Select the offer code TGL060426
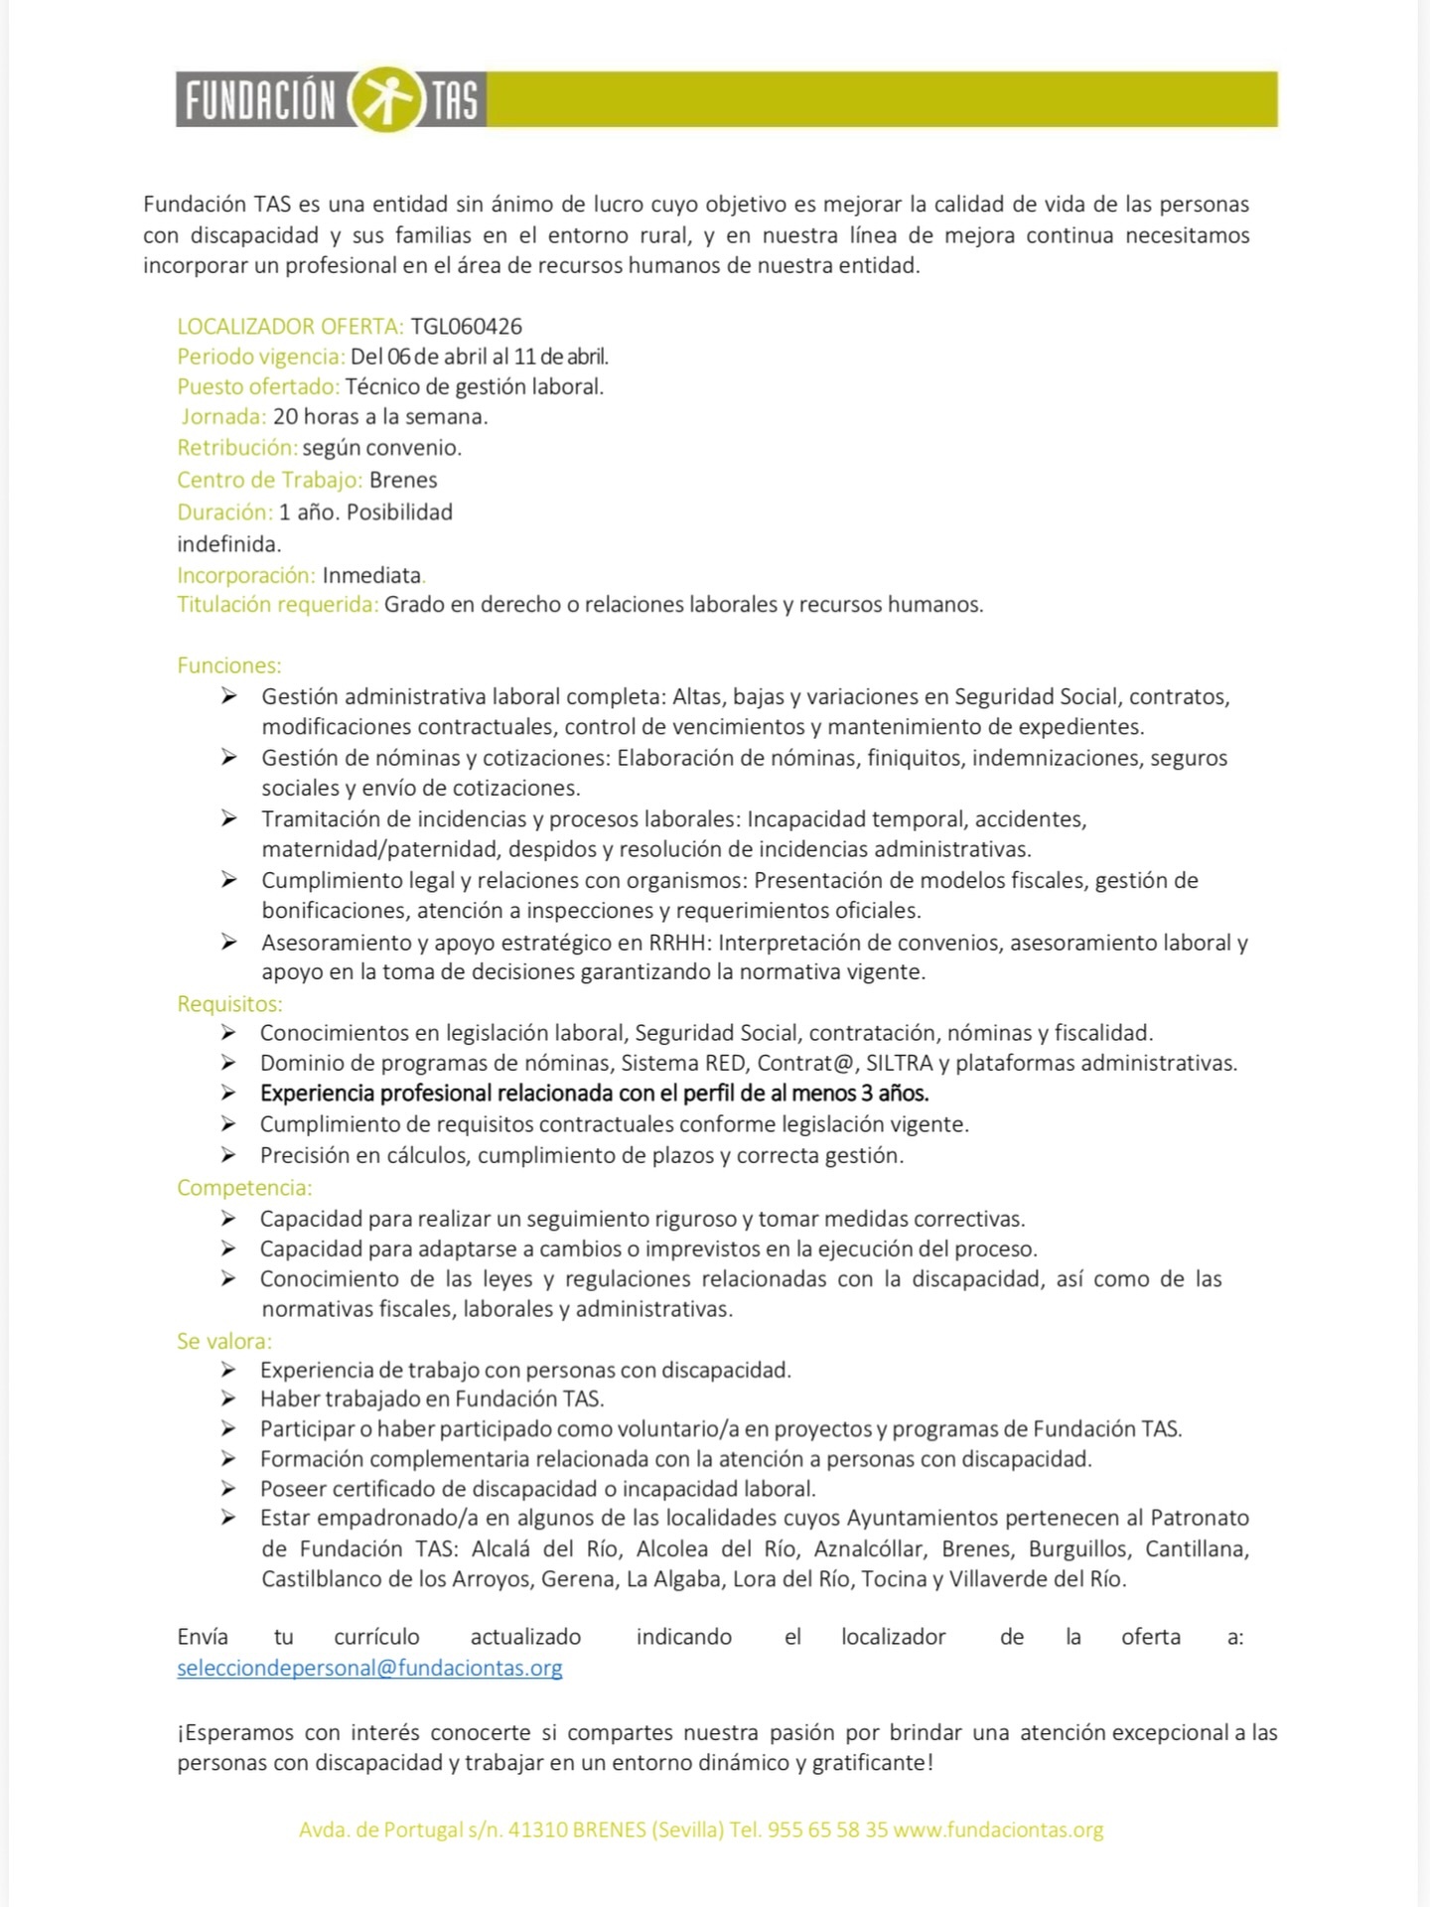pyautogui.click(x=466, y=326)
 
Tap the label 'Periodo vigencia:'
pyautogui.click(x=261, y=357)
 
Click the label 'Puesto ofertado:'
pyautogui.click(x=258, y=386)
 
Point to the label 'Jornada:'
pyautogui.click(x=223, y=417)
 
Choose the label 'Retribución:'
pyautogui.click(x=237, y=448)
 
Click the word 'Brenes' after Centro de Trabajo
pyautogui.click(x=403, y=480)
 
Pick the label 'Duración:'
pyautogui.click(x=224, y=513)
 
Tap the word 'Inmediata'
pyautogui.click(x=371, y=575)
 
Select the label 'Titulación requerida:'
pyautogui.click(x=278, y=605)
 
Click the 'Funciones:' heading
pyautogui.click(x=229, y=665)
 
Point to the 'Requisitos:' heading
pyautogui.click(x=229, y=1004)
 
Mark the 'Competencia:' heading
pyautogui.click(x=244, y=1188)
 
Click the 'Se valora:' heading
pyautogui.click(x=224, y=1341)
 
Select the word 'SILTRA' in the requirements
pyautogui.click(x=899, y=1063)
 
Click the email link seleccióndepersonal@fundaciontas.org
pyautogui.click(x=369, y=1668)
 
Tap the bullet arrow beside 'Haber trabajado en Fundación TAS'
pyautogui.click(x=228, y=1399)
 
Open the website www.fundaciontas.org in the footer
pyautogui.click(x=998, y=1830)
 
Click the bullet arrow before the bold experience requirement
pyautogui.click(x=228, y=1094)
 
